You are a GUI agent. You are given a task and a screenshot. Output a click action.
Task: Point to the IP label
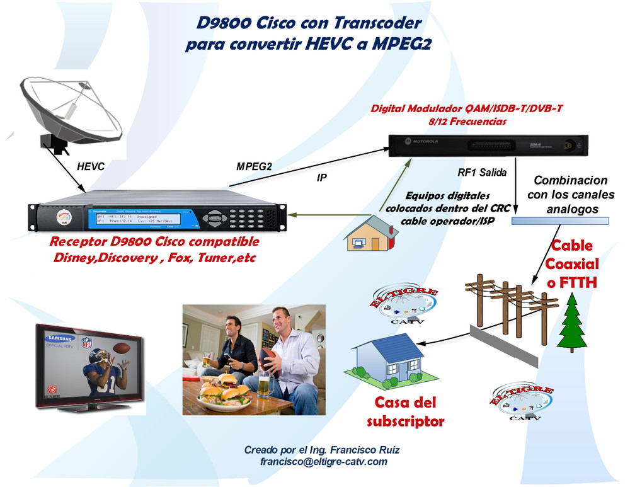[321, 178]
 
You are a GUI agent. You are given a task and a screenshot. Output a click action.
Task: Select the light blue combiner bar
[560, 221]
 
